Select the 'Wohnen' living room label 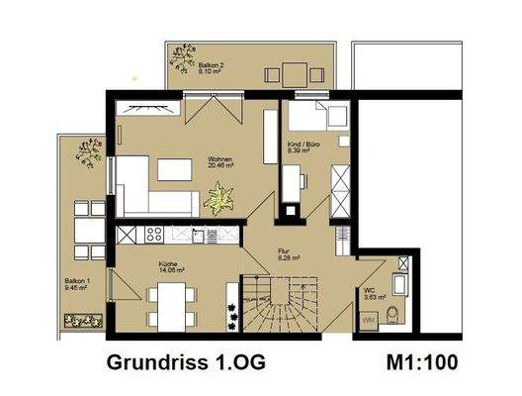click(x=219, y=161)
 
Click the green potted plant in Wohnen click(x=216, y=201)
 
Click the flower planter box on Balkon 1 click(x=84, y=320)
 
